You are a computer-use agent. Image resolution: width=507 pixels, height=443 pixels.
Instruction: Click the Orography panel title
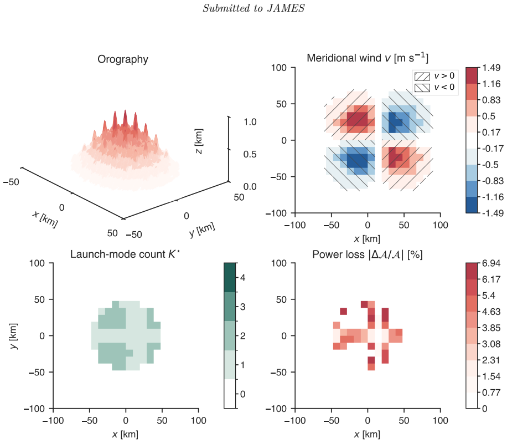pyautogui.click(x=123, y=59)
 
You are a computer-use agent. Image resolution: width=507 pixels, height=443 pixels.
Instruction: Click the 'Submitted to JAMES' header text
pyautogui.click(x=254, y=8)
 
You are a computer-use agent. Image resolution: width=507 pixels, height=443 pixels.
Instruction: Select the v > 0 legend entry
pyautogui.click(x=435, y=76)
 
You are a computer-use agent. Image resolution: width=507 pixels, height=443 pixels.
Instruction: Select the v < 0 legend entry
pyautogui.click(x=435, y=88)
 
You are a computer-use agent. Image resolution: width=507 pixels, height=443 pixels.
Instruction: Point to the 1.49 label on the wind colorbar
pyautogui.click(x=491, y=68)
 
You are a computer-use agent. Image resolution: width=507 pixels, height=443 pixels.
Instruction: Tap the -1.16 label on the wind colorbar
pyautogui.click(x=493, y=197)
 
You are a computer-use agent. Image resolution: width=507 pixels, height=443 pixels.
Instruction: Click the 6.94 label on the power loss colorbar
pyautogui.click(x=491, y=263)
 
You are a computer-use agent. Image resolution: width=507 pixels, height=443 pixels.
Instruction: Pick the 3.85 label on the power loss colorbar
pyautogui.click(x=491, y=328)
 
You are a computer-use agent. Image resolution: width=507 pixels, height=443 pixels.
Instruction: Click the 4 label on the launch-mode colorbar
pyautogui.click(x=242, y=278)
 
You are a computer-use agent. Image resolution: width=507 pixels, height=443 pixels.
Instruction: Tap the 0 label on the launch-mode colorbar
pyautogui.click(x=242, y=394)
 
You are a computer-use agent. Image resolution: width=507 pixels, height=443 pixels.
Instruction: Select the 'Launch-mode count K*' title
pyautogui.click(x=125, y=254)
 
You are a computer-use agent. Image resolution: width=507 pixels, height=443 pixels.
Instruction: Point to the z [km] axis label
pyautogui.click(x=199, y=141)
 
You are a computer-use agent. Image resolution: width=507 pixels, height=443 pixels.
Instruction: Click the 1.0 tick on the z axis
pyautogui.click(x=250, y=122)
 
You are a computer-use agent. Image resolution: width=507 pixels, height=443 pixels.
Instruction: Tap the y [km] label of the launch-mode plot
pyautogui.click(x=14, y=336)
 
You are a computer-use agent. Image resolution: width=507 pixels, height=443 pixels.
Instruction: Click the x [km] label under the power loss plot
pyautogui.click(x=368, y=434)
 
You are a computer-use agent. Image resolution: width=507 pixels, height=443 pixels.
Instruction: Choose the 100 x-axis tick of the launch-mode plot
pyautogui.click(x=198, y=421)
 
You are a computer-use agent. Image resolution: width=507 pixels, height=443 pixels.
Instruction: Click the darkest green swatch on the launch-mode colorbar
pyautogui.click(x=230, y=278)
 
